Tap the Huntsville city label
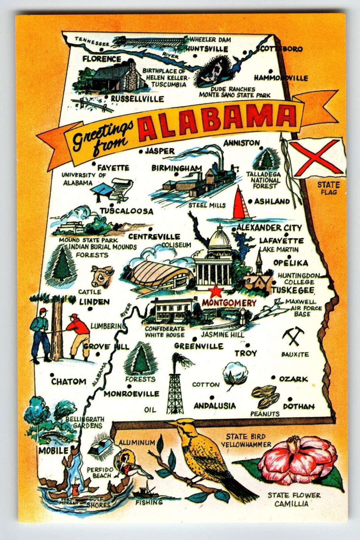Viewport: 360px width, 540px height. [207, 49]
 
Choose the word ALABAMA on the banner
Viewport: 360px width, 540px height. [217, 119]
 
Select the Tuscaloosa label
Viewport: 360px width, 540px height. [127, 211]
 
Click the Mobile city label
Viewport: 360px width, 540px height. [53, 451]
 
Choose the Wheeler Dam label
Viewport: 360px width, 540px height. [210, 39]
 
